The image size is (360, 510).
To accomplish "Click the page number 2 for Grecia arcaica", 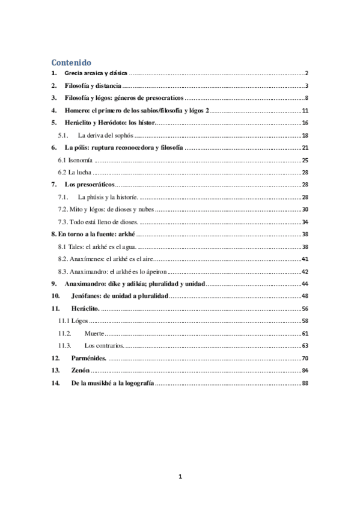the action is (x=307, y=73).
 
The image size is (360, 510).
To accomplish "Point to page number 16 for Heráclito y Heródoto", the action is (x=305, y=123).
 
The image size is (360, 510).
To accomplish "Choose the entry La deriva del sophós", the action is (x=109, y=135).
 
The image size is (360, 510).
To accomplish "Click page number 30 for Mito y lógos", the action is (x=305, y=209).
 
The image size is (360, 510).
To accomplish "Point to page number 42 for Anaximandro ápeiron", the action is (x=305, y=271).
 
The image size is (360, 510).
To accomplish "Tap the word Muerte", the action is (x=94, y=333).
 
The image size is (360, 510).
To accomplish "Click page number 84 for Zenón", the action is (x=305, y=370).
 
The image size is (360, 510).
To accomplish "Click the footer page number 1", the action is (x=180, y=477).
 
